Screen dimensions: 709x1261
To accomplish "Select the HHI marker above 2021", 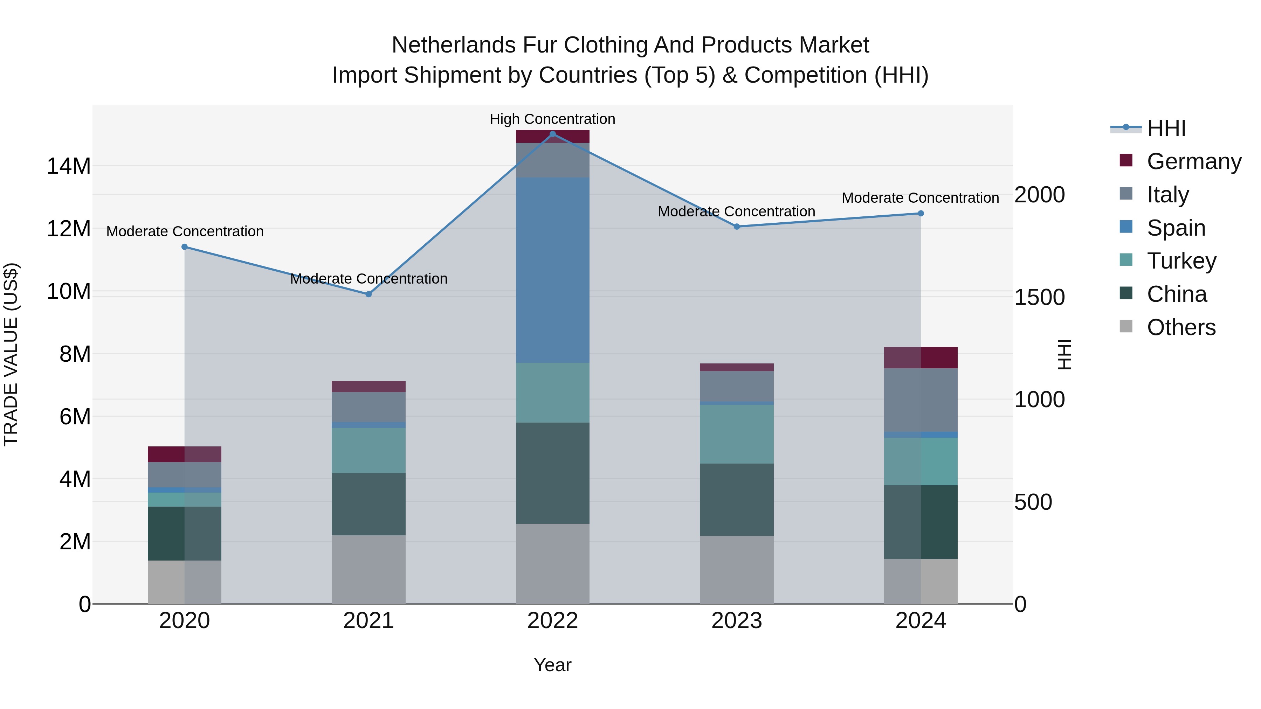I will [368, 294].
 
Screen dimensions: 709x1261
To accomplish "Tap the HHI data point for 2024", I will [920, 213].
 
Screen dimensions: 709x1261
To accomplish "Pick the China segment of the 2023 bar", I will [736, 500].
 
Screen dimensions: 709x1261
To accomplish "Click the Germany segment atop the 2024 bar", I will [920, 358].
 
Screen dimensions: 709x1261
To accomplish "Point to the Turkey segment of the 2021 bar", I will [368, 450].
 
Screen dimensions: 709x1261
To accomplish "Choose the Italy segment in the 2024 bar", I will [920, 400].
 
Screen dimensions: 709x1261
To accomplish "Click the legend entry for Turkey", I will [1181, 261].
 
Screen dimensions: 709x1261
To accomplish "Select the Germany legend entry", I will [1193, 161].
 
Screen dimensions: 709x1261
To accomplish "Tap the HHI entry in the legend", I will [1166, 128].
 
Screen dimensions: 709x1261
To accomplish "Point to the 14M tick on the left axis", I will [69, 166].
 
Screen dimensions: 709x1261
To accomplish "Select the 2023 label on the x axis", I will [736, 621].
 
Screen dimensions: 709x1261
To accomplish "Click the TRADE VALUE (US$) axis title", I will [11, 354].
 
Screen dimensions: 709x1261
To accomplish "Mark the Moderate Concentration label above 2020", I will [185, 231].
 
